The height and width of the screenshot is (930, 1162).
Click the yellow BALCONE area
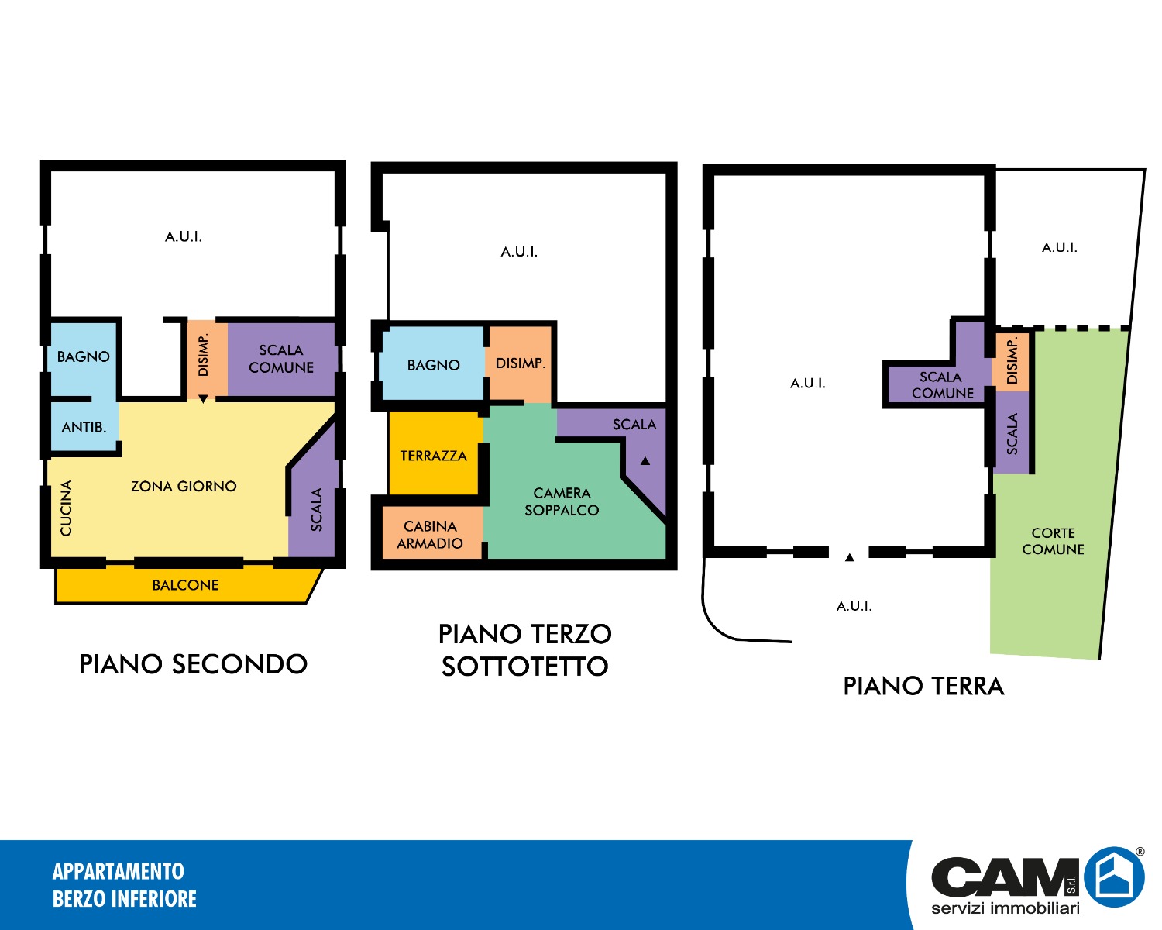coord(186,584)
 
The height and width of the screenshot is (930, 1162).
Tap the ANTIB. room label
coord(84,427)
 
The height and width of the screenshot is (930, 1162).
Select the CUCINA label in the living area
coord(66,508)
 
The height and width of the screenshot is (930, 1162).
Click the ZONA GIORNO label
coord(184,487)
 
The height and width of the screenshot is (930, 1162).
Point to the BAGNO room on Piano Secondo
coord(83,356)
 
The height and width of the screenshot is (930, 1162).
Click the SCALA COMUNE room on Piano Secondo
coord(281,359)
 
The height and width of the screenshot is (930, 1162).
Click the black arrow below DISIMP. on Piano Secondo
coord(203,399)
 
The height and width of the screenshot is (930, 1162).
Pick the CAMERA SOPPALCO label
coord(562,501)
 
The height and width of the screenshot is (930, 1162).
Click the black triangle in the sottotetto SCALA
coord(645,461)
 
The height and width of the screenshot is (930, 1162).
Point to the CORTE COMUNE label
coord(1053,541)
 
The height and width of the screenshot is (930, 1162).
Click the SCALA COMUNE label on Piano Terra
coord(942,384)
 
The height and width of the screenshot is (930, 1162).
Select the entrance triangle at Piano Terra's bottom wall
coord(849,557)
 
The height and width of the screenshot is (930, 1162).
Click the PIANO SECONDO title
coord(194,664)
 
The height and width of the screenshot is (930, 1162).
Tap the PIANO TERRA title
coord(923,687)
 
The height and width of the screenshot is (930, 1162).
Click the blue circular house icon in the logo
coord(1115,877)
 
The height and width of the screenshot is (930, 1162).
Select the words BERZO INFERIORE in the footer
coord(125,899)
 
